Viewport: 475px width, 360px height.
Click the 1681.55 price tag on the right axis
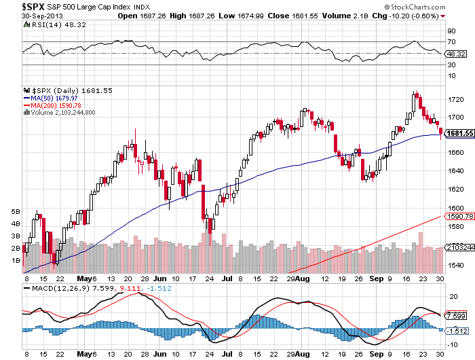pyautogui.click(x=459, y=133)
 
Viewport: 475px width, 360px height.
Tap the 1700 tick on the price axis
pyautogui.click(x=455, y=117)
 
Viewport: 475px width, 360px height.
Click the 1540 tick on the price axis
pyautogui.click(x=455, y=265)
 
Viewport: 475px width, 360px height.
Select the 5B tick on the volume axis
pyautogui.click(x=16, y=211)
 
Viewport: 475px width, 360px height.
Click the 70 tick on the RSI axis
pyautogui.click(x=451, y=41)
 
